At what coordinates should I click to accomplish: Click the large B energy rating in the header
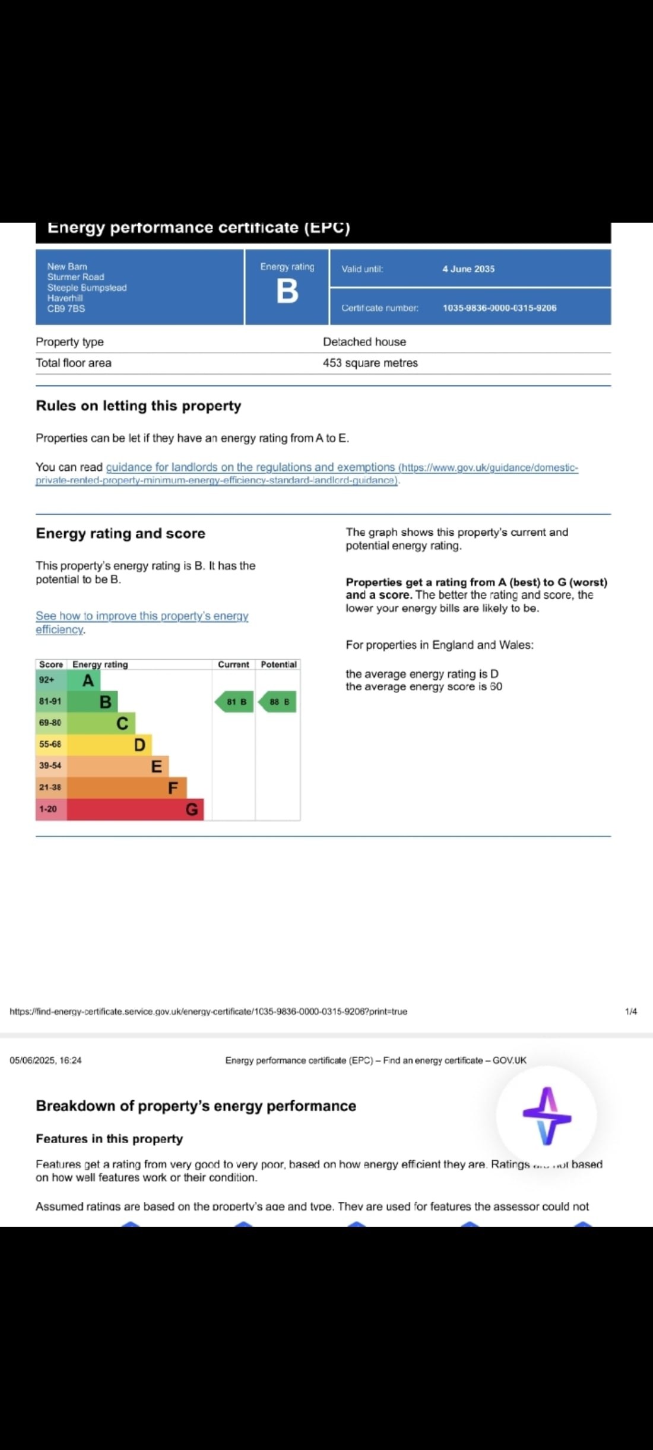pos(287,292)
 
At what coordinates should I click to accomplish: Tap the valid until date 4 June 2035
pos(468,269)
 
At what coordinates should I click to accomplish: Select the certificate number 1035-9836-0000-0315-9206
pos(499,308)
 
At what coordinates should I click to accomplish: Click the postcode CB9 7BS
pos(66,309)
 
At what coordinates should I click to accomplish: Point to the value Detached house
pos(364,342)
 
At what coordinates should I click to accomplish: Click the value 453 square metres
pos(370,363)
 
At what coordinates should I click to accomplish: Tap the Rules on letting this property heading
pos(138,406)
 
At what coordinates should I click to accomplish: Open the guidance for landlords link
pos(249,467)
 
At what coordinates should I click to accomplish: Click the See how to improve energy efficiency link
pos(141,616)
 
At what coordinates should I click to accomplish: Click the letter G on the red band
pos(192,809)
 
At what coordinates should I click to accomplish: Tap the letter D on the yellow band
pos(140,745)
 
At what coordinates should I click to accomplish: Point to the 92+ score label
pos(47,680)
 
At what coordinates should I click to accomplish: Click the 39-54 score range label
pos(50,765)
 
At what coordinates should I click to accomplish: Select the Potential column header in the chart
pos(278,664)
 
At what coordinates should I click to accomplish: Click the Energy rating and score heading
pos(121,533)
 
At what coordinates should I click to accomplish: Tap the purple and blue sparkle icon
pos(547,1116)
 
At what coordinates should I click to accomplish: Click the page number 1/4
pos(631,1011)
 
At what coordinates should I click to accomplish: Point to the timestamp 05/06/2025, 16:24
pos(46,1060)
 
